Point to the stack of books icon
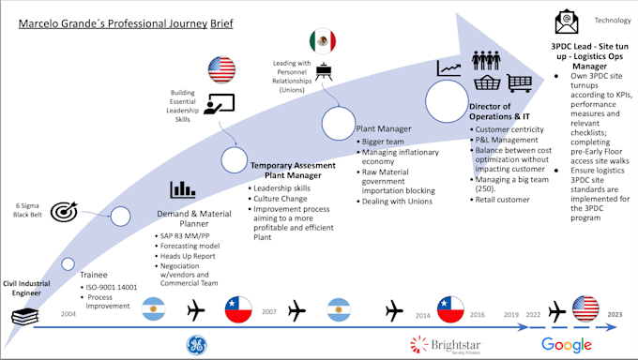(23, 317)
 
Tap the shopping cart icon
(520, 85)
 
